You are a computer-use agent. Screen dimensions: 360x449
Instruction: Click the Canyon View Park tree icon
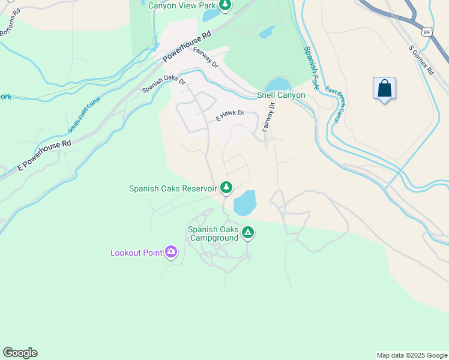(x=225, y=5)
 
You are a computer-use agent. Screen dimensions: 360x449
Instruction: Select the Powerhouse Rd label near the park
(x=187, y=47)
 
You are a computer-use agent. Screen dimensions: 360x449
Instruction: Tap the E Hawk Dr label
(x=231, y=116)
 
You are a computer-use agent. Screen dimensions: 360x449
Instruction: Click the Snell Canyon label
(x=281, y=95)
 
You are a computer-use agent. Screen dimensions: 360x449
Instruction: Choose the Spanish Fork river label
(x=311, y=69)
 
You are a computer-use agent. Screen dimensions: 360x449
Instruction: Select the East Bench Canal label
(x=333, y=105)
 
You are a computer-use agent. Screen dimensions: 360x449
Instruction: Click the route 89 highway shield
(x=425, y=29)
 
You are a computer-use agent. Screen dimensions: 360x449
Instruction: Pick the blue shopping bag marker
(x=384, y=89)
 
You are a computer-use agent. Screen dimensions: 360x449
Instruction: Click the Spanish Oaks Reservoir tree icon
(x=226, y=188)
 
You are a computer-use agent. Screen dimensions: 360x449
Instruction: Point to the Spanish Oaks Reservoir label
(x=173, y=188)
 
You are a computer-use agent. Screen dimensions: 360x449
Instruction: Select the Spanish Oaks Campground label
(x=213, y=234)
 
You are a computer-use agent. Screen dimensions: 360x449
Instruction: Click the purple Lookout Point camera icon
(x=172, y=252)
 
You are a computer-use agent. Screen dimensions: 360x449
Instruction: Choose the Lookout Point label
(x=136, y=253)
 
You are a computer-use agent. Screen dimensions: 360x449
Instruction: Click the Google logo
(x=20, y=353)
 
